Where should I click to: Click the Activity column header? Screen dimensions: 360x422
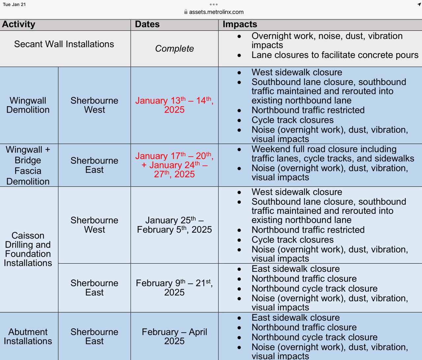pyautogui.click(x=19, y=24)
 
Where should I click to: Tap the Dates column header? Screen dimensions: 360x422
pyautogui.click(x=147, y=24)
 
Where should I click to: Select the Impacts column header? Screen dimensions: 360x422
pyautogui.click(x=240, y=24)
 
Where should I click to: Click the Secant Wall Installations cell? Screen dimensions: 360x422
pyautogui.click(x=64, y=44)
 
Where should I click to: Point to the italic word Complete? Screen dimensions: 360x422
pyautogui.click(x=174, y=49)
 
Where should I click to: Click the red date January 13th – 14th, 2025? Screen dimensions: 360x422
pyautogui.click(x=174, y=105)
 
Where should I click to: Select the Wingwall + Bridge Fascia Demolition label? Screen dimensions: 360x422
pyautogui.click(x=28, y=165)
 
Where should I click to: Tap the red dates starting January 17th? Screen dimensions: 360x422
pyautogui.click(x=174, y=165)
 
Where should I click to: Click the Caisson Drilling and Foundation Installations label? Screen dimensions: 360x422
pyautogui.click(x=28, y=249)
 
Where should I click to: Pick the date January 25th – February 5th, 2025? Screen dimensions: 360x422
pyautogui.click(x=174, y=225)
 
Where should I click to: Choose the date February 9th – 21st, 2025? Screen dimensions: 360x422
pyautogui.click(x=174, y=287)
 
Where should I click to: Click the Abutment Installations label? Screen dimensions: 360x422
pyautogui.click(x=28, y=336)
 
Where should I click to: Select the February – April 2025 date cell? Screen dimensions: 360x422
pyautogui.click(x=174, y=336)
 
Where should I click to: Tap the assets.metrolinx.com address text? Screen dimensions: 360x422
pyautogui.click(x=216, y=12)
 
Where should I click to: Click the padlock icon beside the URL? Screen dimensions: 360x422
pyautogui.click(x=186, y=12)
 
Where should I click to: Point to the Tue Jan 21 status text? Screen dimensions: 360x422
pyautogui.click(x=14, y=4)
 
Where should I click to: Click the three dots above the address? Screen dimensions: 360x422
pyautogui.click(x=213, y=4)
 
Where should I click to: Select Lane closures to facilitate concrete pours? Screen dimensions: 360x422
pyautogui.click(x=335, y=55)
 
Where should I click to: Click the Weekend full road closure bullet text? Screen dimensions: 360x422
pyautogui.click(x=332, y=154)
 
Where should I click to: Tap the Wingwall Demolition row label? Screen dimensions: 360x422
pyautogui.click(x=28, y=105)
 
